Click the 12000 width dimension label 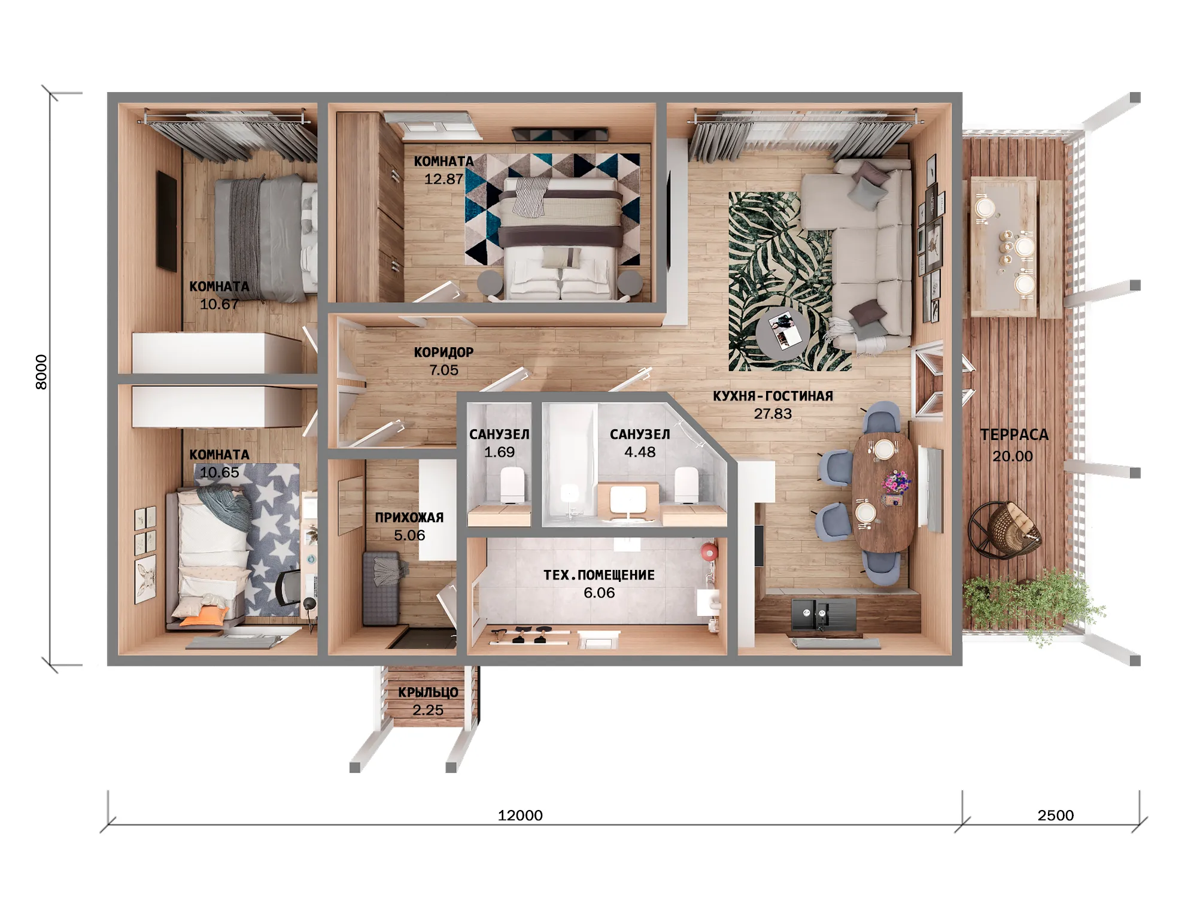coord(520,815)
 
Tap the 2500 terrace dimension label coord(1056,815)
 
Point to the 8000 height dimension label coord(41,372)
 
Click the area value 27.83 coord(773,414)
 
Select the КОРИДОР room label coord(443,353)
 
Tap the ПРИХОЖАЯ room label coord(409,518)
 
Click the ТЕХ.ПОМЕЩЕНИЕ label coord(599,575)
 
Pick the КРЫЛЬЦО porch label coord(428,693)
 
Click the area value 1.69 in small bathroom coord(499,452)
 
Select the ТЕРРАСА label coord(1014,435)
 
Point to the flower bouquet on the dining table coord(896,483)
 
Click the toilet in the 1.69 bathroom coord(512,484)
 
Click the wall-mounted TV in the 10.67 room coord(166,221)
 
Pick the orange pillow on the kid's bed coord(203,615)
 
